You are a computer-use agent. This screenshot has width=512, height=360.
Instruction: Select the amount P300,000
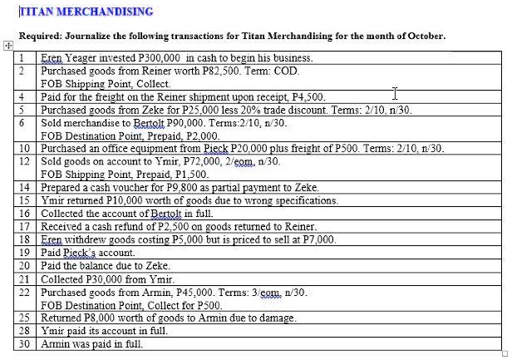(x=160, y=58)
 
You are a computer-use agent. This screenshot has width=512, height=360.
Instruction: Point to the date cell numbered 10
(x=24, y=149)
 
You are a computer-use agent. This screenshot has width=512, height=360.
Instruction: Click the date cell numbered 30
(x=24, y=343)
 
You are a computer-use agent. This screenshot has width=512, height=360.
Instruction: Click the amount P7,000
(x=318, y=239)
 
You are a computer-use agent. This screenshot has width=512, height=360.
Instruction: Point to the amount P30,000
(x=105, y=279)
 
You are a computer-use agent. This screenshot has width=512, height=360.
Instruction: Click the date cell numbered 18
(x=24, y=239)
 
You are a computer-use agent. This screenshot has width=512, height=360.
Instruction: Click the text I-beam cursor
(x=396, y=93)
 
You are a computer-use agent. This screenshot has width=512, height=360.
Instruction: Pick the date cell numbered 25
(x=24, y=318)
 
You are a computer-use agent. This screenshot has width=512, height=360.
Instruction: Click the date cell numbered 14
(x=24, y=188)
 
